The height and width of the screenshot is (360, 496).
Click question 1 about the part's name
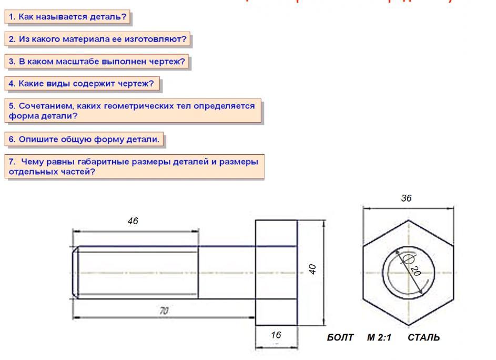click(67, 17)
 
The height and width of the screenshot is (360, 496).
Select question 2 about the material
click(98, 39)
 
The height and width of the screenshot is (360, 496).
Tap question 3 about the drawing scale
click(97, 62)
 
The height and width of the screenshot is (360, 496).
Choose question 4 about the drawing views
click(82, 84)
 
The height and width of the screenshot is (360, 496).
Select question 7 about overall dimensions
click(134, 166)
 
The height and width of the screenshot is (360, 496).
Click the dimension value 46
click(133, 222)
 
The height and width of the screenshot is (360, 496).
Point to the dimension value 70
click(164, 311)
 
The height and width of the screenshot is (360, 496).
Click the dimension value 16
click(276, 335)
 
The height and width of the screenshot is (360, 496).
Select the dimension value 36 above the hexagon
click(406, 198)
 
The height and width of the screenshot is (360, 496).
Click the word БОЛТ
click(340, 337)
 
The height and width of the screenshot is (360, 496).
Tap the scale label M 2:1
click(379, 337)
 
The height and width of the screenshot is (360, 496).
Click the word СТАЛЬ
click(423, 337)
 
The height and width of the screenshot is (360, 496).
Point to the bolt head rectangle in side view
click(276, 273)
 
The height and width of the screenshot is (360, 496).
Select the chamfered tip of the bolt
click(76, 273)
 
